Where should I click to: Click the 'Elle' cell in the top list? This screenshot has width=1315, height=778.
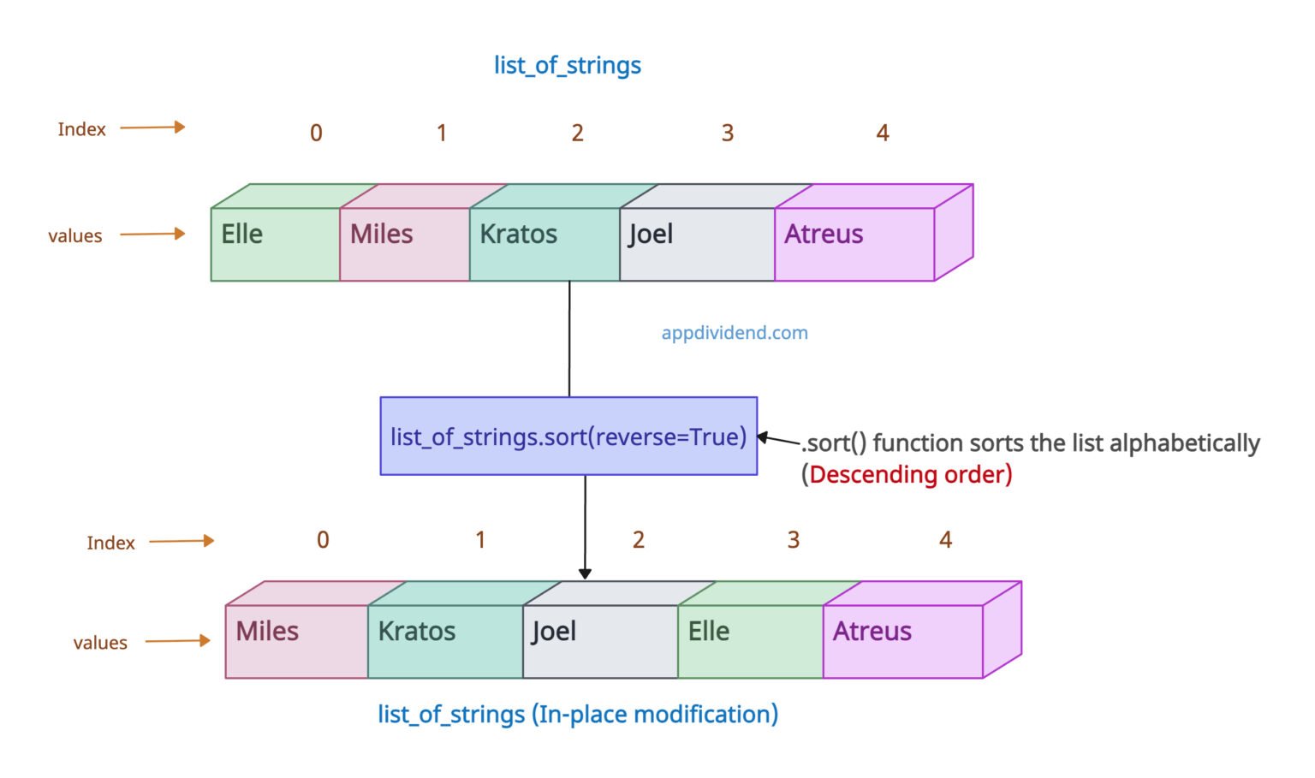275,243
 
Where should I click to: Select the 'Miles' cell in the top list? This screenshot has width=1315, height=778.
404,243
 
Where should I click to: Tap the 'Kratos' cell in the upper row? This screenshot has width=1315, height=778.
544,243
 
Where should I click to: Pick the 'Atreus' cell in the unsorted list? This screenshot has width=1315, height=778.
854,243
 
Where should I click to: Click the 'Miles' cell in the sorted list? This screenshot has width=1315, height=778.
296,641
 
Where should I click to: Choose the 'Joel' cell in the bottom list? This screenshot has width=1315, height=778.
600,641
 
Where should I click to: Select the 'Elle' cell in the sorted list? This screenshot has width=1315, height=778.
750,641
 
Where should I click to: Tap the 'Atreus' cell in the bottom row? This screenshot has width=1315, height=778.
902,641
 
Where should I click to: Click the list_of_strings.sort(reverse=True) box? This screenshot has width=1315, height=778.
568,436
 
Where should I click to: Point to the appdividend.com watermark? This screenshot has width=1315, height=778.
735,333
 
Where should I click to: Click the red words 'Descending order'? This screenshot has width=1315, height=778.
910,474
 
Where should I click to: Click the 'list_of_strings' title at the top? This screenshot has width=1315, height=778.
567,65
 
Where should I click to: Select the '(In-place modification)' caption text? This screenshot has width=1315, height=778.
655,714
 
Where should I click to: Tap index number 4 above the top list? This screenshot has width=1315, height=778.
883,133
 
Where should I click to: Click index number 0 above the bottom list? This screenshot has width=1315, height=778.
323,540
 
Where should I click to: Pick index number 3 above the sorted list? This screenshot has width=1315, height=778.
794,540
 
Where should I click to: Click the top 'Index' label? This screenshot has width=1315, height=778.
81,129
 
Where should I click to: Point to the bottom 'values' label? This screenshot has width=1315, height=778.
100,643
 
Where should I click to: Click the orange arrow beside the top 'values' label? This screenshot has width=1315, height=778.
152,234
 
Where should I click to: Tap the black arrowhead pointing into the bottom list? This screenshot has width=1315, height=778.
585,573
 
